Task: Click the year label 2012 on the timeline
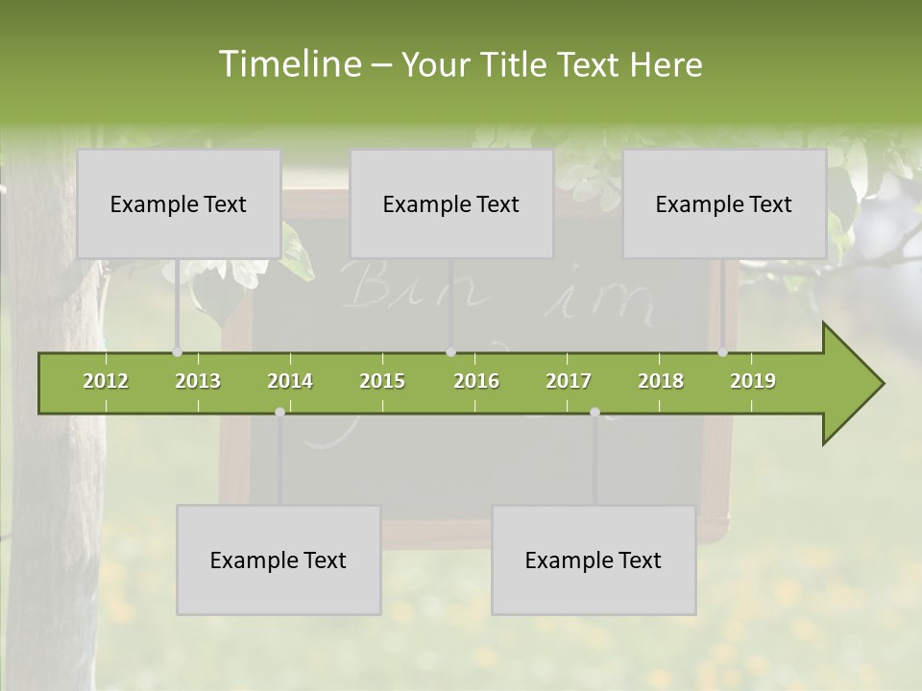pyautogui.click(x=106, y=381)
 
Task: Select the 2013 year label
pyautogui.click(x=198, y=381)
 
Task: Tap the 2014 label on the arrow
pyautogui.click(x=290, y=381)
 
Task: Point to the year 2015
pyautogui.click(x=382, y=381)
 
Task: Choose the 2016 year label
pyautogui.click(x=476, y=381)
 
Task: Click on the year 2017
pyautogui.click(x=569, y=381)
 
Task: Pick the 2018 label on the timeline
pyautogui.click(x=661, y=381)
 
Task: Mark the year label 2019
pyautogui.click(x=753, y=381)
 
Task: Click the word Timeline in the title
pyautogui.click(x=288, y=64)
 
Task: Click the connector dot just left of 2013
pyautogui.click(x=177, y=352)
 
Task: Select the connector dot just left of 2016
pyautogui.click(x=450, y=352)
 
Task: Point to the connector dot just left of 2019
pyautogui.click(x=723, y=352)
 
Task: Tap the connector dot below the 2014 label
pyautogui.click(x=279, y=412)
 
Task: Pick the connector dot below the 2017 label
pyautogui.click(x=594, y=412)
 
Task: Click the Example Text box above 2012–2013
pyautogui.click(x=179, y=203)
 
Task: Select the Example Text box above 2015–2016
pyautogui.click(x=451, y=203)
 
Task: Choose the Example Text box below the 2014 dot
pyautogui.click(x=279, y=560)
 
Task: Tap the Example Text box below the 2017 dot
pyautogui.click(x=594, y=560)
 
